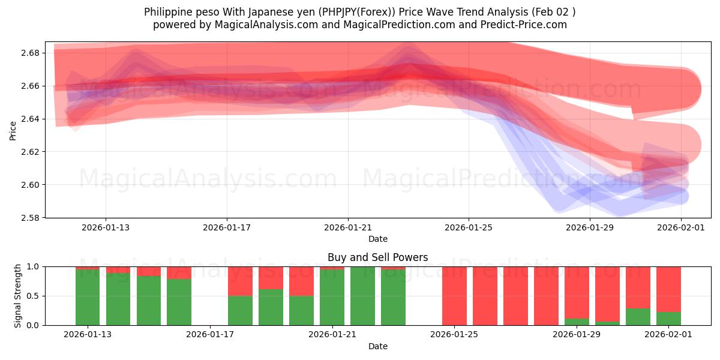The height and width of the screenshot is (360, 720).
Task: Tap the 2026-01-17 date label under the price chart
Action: [x=227, y=227]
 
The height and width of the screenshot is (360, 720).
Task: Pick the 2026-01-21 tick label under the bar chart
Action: [x=332, y=335]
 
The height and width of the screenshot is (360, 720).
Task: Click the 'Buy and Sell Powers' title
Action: [x=378, y=257]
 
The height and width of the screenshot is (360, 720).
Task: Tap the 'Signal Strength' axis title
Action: [x=18, y=296]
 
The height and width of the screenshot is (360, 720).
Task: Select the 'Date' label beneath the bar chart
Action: [x=378, y=346]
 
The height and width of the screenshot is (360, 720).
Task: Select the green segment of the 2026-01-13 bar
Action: [x=88, y=298]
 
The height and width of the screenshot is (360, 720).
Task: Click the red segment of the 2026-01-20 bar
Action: [x=301, y=281]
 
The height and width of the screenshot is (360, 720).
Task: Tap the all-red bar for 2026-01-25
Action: [x=454, y=296]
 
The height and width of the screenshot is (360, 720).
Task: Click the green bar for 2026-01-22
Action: [x=362, y=296]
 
